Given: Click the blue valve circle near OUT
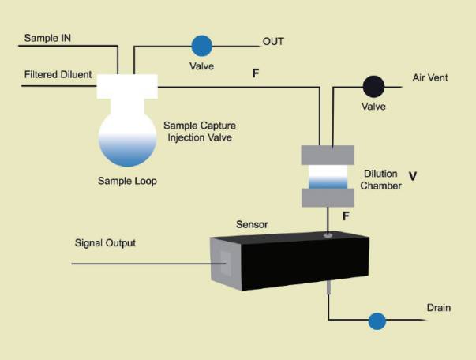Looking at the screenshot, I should (x=202, y=45).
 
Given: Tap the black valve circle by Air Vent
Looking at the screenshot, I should (x=373, y=85).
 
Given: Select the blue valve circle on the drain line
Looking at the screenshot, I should (x=377, y=321).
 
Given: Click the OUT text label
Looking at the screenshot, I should (x=273, y=41).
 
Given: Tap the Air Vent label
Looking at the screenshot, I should (x=431, y=80).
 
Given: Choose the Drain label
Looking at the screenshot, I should (x=438, y=307).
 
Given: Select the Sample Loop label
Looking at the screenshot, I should (x=128, y=180).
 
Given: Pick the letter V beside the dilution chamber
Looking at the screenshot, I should (x=412, y=174).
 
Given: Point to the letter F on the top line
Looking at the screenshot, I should (x=256, y=74).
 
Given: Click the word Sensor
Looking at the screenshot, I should (x=253, y=224).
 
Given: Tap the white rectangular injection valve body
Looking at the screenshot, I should (x=127, y=87).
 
